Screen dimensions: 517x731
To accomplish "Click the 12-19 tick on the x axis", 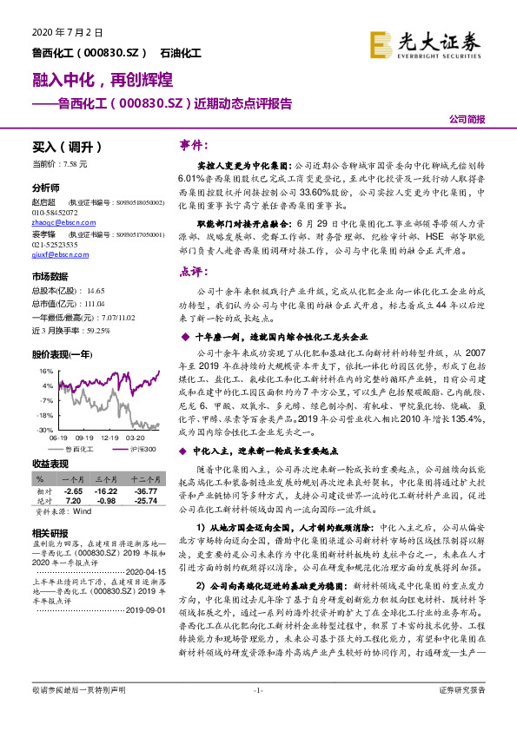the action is click(x=109, y=438).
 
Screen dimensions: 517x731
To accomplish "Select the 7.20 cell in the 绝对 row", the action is click(x=72, y=500).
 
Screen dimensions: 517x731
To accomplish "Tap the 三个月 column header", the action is click(x=106, y=480).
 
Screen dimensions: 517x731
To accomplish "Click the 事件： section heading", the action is click(x=192, y=143).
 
